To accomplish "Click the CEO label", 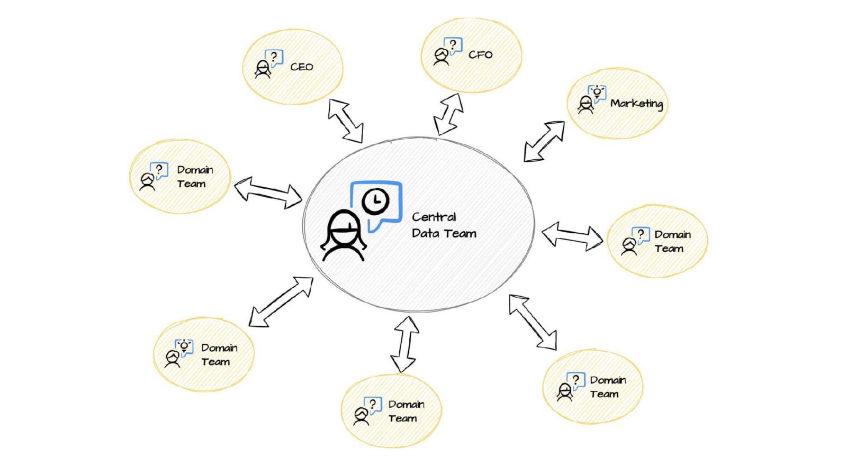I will pyautogui.click(x=301, y=67).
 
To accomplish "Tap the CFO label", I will pyautogui.click(x=480, y=54).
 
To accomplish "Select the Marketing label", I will pyautogui.click(x=636, y=103).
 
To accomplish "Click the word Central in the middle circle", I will pyautogui.click(x=434, y=217).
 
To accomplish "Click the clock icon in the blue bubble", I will pyautogui.click(x=375, y=200).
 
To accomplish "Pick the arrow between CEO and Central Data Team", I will pyautogui.click(x=345, y=121).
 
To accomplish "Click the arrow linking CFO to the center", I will pyautogui.click(x=448, y=114).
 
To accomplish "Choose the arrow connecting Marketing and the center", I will pyautogui.click(x=544, y=141).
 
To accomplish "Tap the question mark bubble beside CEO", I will pyautogui.click(x=274, y=57).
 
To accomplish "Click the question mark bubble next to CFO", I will pyautogui.click(x=453, y=45).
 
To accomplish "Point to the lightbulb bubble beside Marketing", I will pyautogui.click(x=597, y=93).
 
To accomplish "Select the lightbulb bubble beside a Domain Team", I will pyautogui.click(x=184, y=346).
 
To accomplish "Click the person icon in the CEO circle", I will pyautogui.click(x=262, y=69).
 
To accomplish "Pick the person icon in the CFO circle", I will pyautogui.click(x=440, y=57).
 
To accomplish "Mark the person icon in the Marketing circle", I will pyautogui.click(x=585, y=104).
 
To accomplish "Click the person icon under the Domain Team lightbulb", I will pyautogui.click(x=172, y=359).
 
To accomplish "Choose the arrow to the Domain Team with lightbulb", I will pyautogui.click(x=281, y=301).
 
